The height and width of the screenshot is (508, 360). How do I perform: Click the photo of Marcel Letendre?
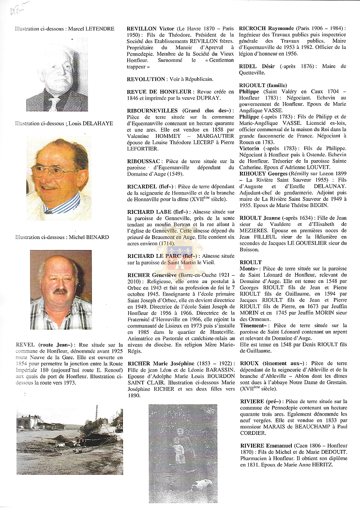pos(57,75)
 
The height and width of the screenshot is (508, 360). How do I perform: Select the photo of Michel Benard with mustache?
pos(60,289)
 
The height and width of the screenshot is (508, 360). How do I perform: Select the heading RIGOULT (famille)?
pos(263,86)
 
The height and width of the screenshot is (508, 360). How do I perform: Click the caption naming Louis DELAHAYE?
pos(63,124)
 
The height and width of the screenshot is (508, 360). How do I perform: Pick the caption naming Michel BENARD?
pos(62,237)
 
